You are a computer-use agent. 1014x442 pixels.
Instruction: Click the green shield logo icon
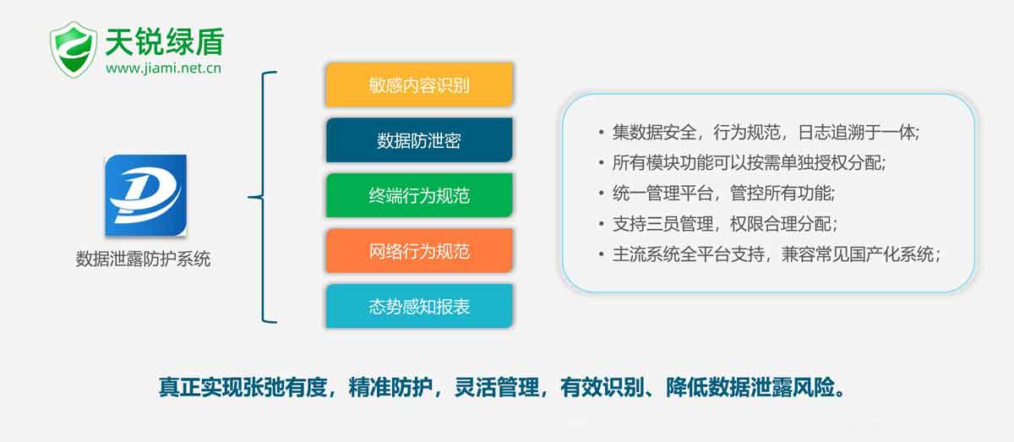click(x=74, y=50)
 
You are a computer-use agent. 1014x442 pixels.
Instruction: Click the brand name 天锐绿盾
click(x=165, y=41)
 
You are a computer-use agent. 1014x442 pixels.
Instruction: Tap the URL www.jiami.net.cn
click(x=163, y=68)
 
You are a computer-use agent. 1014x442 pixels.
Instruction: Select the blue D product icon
click(x=145, y=195)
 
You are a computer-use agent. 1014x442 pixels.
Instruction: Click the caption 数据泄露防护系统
click(x=143, y=259)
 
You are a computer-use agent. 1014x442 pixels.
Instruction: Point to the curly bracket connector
click(x=263, y=197)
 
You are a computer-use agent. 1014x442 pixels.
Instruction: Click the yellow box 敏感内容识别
click(x=419, y=85)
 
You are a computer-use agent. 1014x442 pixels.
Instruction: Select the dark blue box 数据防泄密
click(x=419, y=140)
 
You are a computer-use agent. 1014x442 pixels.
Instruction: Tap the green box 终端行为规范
click(x=419, y=195)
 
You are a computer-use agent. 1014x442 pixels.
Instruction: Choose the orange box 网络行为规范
click(x=419, y=251)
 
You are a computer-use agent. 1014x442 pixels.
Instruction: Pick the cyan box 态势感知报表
click(x=419, y=306)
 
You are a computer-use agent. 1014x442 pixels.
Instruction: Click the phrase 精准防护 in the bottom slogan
click(x=390, y=387)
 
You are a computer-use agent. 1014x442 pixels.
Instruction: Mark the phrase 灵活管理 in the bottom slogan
click(x=496, y=387)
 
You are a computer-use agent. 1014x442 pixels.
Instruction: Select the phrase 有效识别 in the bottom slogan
click(x=602, y=387)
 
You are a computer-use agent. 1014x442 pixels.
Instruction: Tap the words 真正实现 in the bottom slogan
click(x=200, y=387)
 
